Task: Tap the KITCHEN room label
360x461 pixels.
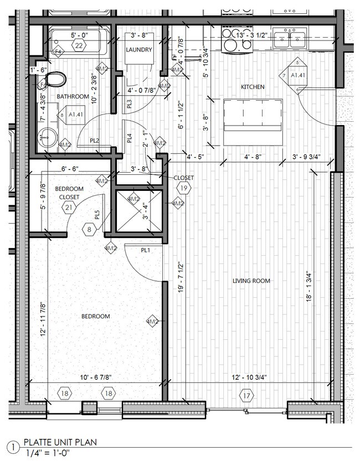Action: pyautogui.click(x=252, y=87)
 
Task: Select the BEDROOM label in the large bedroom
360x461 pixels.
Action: pyautogui.click(x=95, y=317)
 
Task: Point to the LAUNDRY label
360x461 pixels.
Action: pyautogui.click(x=138, y=50)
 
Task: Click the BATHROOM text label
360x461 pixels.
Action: pyautogui.click(x=73, y=97)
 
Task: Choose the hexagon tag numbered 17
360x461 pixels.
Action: pyautogui.click(x=246, y=395)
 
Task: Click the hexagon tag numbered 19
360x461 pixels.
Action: pyautogui.click(x=184, y=189)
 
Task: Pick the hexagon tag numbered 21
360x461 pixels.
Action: pyautogui.click(x=69, y=208)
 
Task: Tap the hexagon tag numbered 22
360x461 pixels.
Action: pyautogui.click(x=79, y=46)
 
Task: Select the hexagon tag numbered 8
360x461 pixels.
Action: pyautogui.click(x=90, y=229)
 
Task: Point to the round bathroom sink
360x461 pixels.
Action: pyautogui.click(x=47, y=136)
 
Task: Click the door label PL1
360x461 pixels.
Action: pyautogui.click(x=146, y=250)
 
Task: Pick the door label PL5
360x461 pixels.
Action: pyautogui.click(x=97, y=214)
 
